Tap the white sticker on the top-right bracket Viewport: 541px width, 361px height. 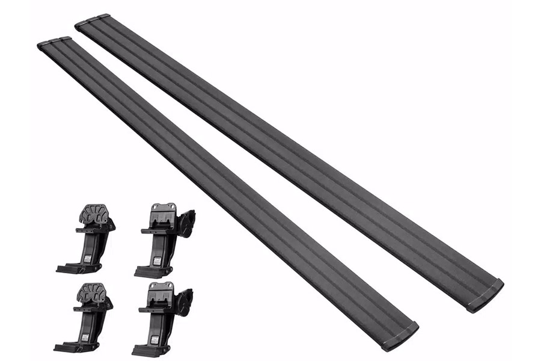(x=157, y=261)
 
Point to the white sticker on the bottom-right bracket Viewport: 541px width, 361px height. (x=155, y=339)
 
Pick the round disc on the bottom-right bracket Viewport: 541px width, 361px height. (x=185, y=301)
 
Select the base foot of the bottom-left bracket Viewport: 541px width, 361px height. (x=71, y=347)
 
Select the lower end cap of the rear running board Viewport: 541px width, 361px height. (x=486, y=295)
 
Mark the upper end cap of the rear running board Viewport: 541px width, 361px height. (x=92, y=20)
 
